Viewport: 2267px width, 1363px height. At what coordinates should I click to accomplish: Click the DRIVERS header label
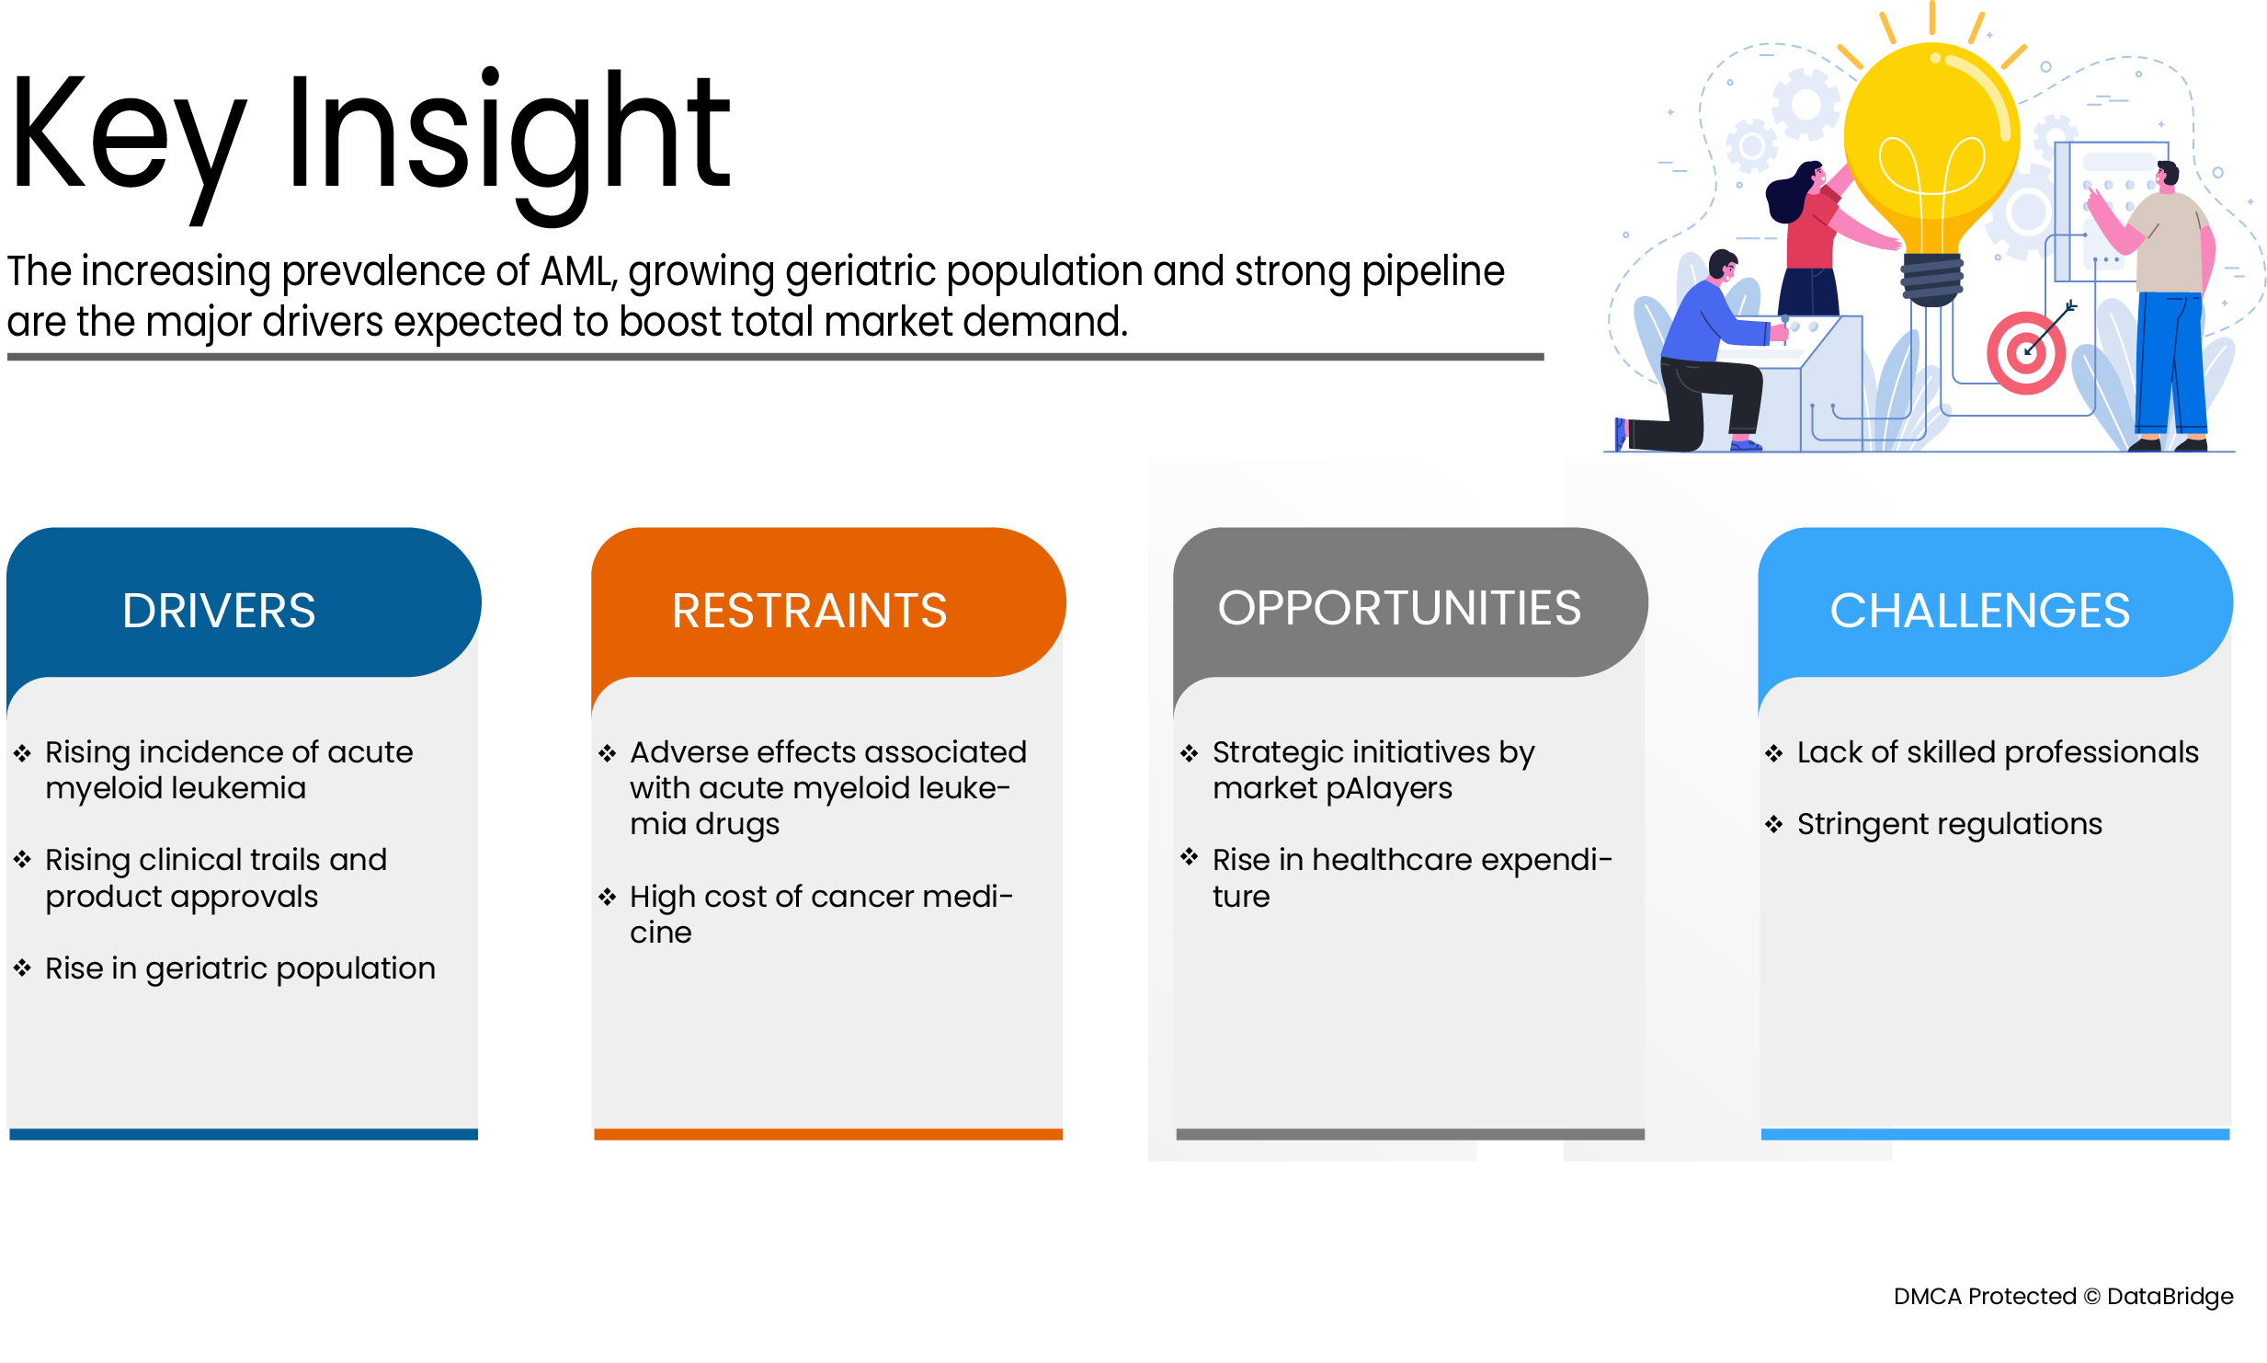tap(219, 611)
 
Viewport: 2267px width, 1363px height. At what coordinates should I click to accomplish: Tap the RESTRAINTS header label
tap(809, 611)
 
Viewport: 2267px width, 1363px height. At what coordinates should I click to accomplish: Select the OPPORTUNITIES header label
tap(1399, 608)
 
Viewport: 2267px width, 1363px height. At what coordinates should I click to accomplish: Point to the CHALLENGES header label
tap(1979, 611)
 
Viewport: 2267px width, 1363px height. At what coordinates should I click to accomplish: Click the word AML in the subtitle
tap(578, 271)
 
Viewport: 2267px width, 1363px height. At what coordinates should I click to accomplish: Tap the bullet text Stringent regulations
tap(1949, 824)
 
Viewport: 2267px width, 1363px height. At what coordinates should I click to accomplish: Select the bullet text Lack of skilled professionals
tap(1998, 752)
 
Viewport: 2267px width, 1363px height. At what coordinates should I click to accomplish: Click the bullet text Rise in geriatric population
tap(240, 968)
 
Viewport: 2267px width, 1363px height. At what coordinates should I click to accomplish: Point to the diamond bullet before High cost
tap(607, 897)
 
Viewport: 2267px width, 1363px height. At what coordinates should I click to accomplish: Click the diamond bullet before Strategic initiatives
tap(1190, 753)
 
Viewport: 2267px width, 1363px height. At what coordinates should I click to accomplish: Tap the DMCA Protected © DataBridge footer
tap(2063, 1296)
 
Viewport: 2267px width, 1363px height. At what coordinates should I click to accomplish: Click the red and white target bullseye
tap(2025, 353)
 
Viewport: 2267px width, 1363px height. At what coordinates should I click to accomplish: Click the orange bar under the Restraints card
tap(828, 1134)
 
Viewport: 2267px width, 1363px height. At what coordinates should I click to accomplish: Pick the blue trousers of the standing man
tap(2170, 362)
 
